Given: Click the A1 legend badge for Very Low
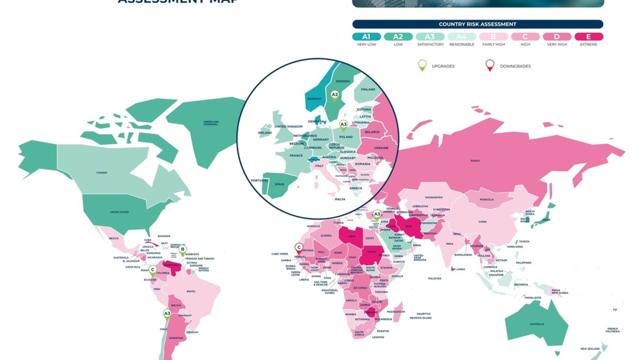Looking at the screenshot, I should [366, 37].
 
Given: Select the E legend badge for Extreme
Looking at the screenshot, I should [588, 37].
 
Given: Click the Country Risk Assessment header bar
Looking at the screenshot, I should [478, 24].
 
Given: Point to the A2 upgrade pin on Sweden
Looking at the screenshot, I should [335, 95].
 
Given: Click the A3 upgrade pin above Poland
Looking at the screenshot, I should [343, 125].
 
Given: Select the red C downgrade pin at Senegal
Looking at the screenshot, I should [299, 248].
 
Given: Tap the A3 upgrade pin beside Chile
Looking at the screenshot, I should [167, 314].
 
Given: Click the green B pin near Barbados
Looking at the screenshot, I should [182, 250].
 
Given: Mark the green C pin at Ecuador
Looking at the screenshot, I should [153, 270].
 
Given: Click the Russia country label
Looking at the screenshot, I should [475, 161].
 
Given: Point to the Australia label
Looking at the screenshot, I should [537, 324].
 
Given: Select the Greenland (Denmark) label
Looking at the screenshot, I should [211, 123].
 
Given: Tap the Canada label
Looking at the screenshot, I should [102, 173].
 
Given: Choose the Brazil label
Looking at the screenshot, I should [191, 291].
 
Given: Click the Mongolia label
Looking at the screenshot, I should [487, 200].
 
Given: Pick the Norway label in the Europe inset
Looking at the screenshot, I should [314, 99].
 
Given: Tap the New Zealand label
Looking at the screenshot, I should [590, 349].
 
